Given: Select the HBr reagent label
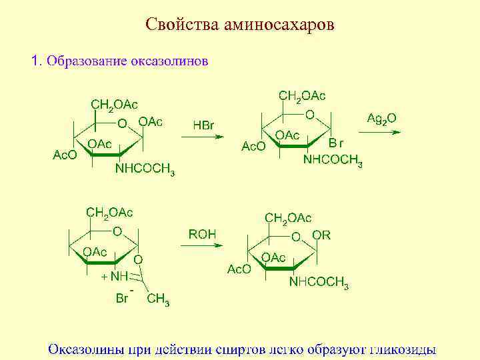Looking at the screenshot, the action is click(203, 125).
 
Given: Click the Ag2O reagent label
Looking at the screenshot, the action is click(382, 118).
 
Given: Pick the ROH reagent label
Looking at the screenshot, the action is click(202, 234).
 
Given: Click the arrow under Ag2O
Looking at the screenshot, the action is click(382, 131).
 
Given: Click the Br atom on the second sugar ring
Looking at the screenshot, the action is click(337, 142).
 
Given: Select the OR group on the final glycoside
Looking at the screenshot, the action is click(321, 235).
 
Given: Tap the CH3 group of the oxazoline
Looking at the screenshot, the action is click(158, 299).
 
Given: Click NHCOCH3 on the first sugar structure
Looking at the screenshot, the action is click(145, 169).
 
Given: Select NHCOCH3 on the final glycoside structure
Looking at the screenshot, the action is click(319, 283).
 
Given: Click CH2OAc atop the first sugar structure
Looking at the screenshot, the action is click(114, 105).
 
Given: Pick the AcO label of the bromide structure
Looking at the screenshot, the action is click(253, 146).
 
